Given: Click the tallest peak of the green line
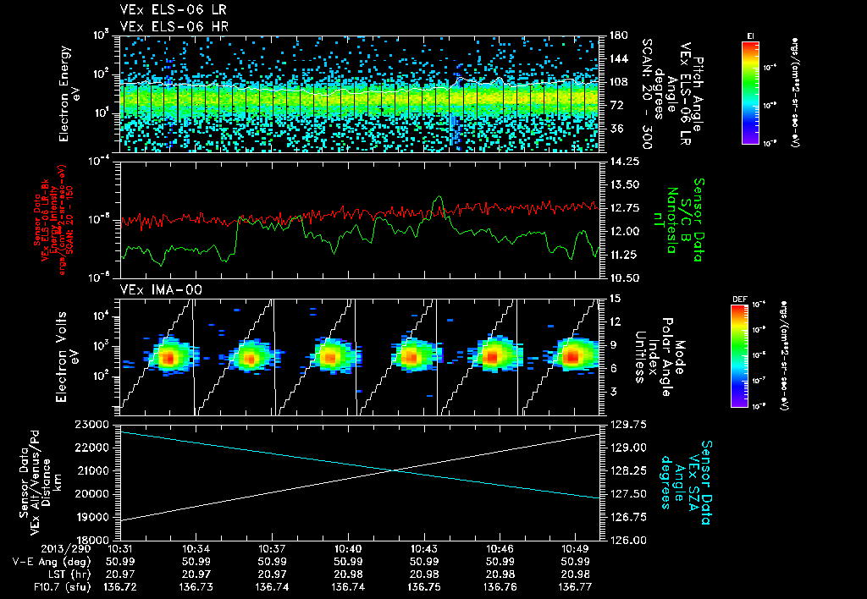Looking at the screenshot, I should (x=438, y=197).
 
